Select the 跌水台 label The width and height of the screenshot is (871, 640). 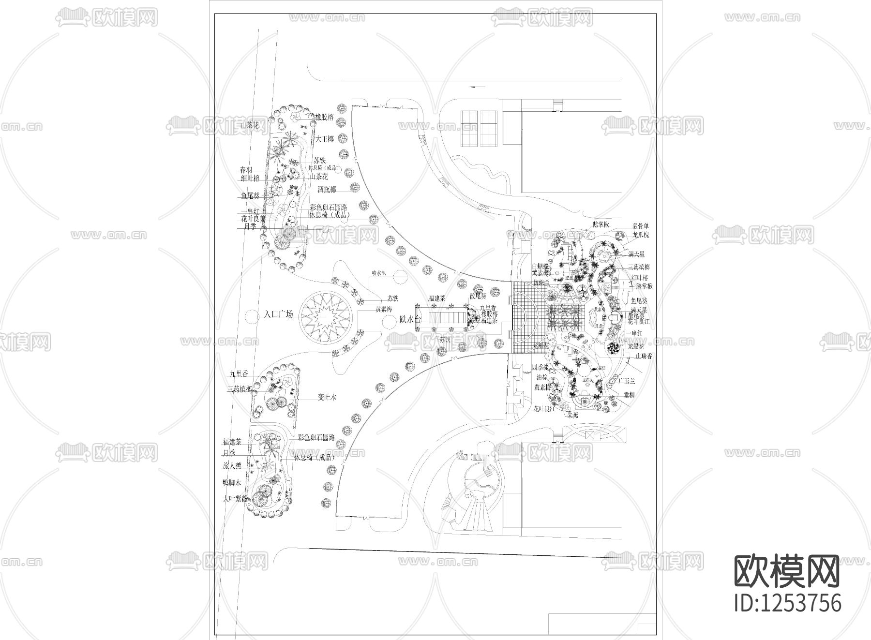click(410, 319)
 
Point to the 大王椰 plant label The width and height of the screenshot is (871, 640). click(325, 139)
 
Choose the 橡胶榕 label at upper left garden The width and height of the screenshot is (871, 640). click(325, 117)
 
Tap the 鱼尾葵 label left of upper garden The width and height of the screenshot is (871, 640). click(250, 196)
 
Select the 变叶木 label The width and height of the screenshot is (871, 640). click(327, 397)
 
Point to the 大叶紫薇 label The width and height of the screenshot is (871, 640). click(235, 498)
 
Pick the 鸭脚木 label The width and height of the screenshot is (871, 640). click(232, 483)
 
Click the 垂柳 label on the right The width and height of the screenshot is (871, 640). click(629, 395)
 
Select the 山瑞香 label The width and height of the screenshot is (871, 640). click(644, 356)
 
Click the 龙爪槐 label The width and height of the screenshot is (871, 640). click(641, 235)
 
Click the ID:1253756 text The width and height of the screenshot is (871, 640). click(788, 603)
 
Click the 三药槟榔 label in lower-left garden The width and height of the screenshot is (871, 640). click(239, 389)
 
